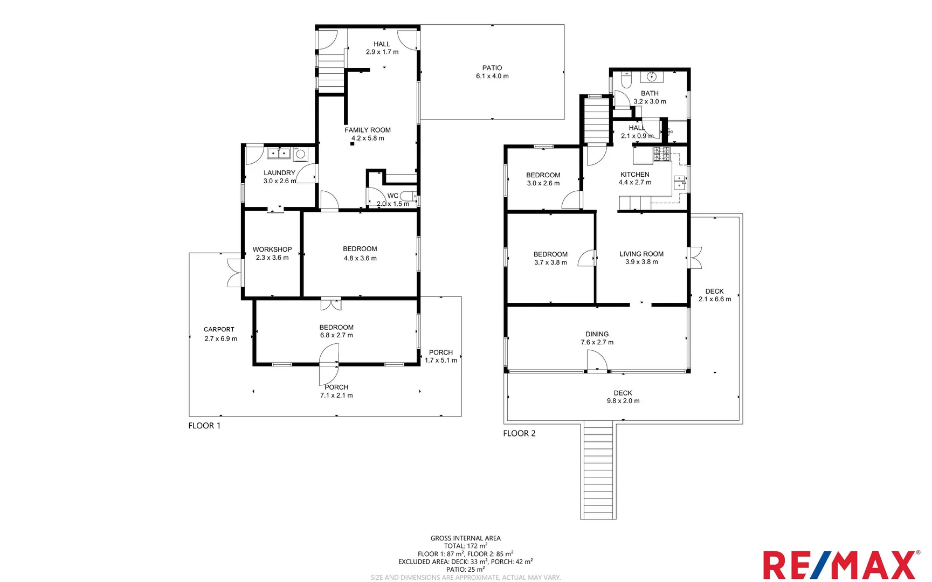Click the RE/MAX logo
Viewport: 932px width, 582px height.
tap(841, 565)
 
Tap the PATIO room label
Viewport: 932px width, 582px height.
tap(492, 68)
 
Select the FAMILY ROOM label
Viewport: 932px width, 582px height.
tap(368, 130)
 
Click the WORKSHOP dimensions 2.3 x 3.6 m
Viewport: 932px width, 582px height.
tap(272, 258)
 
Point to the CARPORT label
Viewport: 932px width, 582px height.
tap(219, 329)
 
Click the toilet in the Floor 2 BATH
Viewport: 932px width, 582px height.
tap(626, 81)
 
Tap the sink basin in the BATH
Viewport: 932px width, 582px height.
tap(652, 77)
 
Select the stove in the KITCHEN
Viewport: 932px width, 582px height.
tap(661, 155)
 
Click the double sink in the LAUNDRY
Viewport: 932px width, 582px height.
tap(279, 154)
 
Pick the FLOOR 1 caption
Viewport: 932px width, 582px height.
tap(204, 426)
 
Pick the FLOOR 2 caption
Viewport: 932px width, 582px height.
tap(519, 433)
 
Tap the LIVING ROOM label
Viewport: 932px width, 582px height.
tap(641, 254)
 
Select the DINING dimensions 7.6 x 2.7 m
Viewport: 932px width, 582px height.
tap(597, 342)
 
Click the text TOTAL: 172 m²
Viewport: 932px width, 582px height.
tap(465, 546)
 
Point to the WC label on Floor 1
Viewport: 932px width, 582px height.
tap(393, 196)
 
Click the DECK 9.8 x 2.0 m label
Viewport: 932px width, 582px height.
tap(623, 397)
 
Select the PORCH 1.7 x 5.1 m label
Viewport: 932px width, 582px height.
tap(441, 356)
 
